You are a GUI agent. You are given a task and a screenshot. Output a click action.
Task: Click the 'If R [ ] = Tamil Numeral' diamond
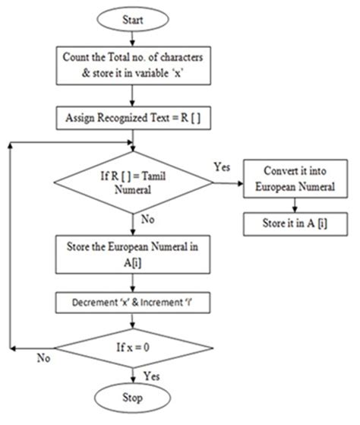tap(133, 185)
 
